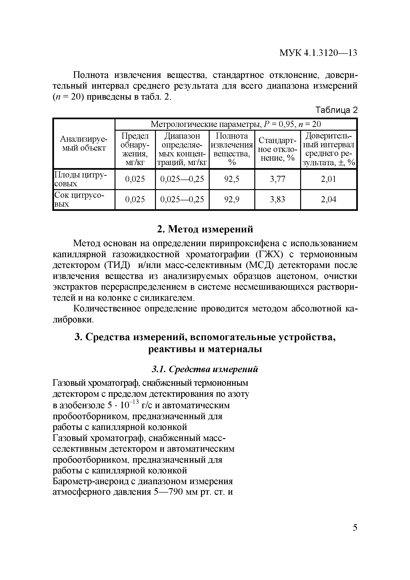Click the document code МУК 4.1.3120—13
[318, 53]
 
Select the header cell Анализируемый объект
[84, 144]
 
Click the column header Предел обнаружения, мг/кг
[135, 149]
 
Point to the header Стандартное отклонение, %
[277, 149]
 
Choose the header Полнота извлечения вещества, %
[232, 149]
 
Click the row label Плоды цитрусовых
[81, 179]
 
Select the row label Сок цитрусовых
[79, 200]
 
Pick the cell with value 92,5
[232, 179]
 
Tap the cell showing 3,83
[277, 200]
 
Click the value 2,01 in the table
[328, 179]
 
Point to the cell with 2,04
[328, 200]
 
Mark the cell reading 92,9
[232, 200]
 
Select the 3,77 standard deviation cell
[277, 179]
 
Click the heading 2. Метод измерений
[205, 229]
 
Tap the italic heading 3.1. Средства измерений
[205, 369]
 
